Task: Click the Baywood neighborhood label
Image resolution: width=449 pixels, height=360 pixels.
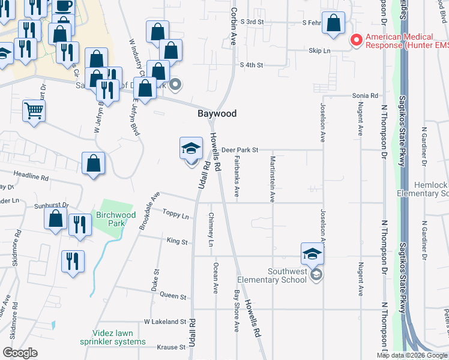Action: click(x=217, y=113)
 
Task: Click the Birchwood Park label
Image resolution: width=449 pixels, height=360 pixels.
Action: click(x=115, y=220)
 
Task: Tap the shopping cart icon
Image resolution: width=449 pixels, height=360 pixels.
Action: click(x=34, y=110)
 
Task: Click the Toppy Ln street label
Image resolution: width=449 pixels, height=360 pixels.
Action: click(x=175, y=213)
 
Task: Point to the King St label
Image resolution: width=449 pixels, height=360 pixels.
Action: click(x=178, y=242)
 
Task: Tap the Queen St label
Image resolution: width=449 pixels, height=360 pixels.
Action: click(x=173, y=296)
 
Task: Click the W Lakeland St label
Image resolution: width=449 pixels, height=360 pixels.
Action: click(x=165, y=322)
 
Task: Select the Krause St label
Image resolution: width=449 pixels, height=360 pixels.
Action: click(x=171, y=347)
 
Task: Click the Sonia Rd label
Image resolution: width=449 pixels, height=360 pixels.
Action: click(x=365, y=95)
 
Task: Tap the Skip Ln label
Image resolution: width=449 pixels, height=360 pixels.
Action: click(x=319, y=52)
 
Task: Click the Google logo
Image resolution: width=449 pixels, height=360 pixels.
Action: click(x=20, y=353)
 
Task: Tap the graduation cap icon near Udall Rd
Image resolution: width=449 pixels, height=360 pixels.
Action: click(x=191, y=148)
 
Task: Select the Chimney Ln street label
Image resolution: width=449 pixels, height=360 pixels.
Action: click(x=211, y=230)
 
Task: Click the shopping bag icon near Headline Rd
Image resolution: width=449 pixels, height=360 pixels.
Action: click(x=94, y=163)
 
